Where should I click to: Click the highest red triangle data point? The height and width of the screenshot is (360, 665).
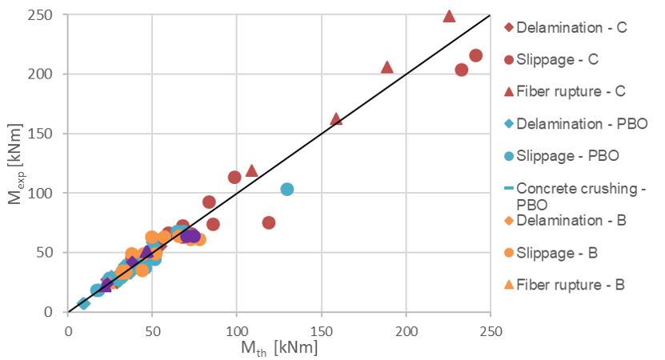click(x=449, y=16)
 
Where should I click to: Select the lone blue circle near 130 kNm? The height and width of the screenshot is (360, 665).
click(x=287, y=189)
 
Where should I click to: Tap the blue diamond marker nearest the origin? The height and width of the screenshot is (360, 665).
click(x=83, y=303)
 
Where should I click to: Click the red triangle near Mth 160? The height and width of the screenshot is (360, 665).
click(x=336, y=119)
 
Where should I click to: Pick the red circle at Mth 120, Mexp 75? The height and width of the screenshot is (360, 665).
click(x=269, y=222)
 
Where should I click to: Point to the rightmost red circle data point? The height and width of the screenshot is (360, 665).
click(x=475, y=55)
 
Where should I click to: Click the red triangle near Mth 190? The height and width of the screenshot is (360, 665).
click(x=387, y=67)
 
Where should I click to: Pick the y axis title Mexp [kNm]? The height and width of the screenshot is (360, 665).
click(x=14, y=164)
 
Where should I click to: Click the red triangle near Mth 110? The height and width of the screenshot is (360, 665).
click(x=252, y=170)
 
